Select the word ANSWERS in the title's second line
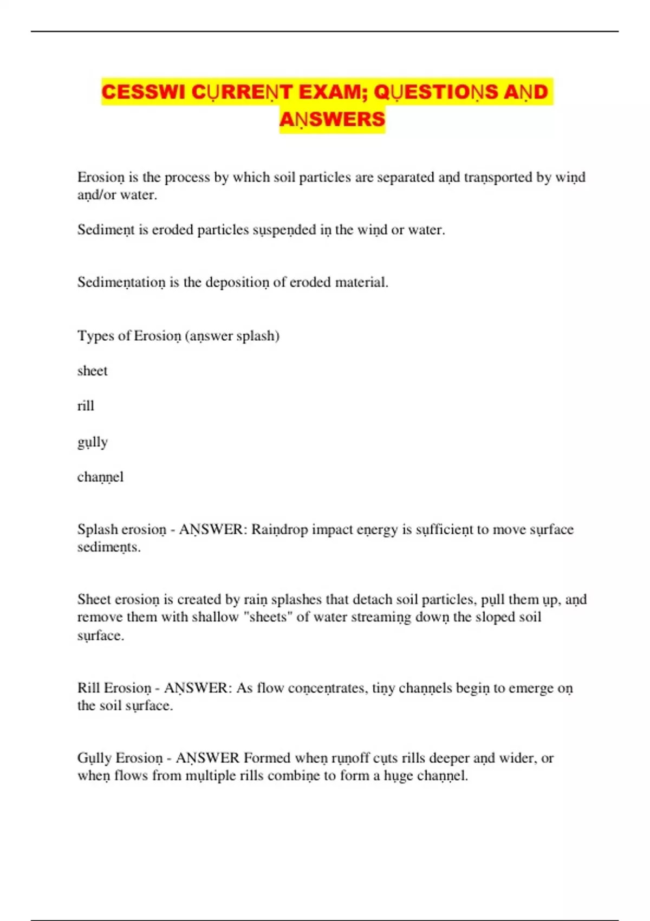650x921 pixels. [x=332, y=119]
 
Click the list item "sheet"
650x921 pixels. [x=93, y=371]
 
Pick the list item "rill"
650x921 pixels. [x=86, y=406]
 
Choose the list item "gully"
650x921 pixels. [x=93, y=442]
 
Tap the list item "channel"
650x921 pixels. [x=100, y=477]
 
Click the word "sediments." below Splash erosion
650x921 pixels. [x=109, y=547]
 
